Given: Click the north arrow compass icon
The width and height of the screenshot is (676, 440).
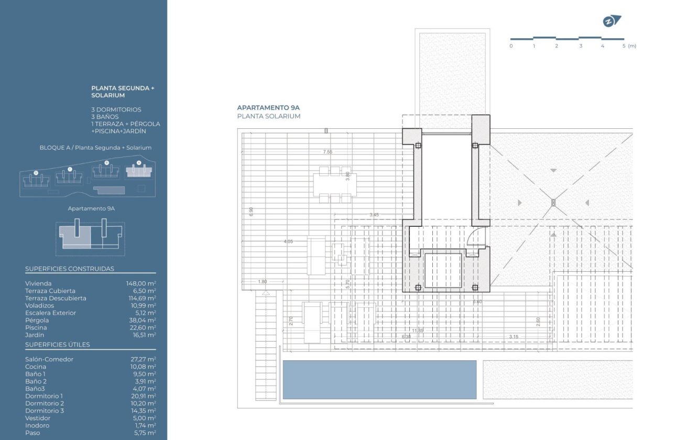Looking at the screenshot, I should (611, 21).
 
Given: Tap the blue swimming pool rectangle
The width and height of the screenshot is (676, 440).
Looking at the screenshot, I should (379, 380).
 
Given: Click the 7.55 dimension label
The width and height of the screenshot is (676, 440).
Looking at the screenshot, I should (328, 152).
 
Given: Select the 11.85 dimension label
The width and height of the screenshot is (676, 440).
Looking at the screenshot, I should (418, 331).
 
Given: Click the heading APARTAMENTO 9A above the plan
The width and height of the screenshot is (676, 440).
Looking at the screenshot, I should (268, 107).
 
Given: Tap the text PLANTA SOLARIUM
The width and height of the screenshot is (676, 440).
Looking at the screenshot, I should (269, 116).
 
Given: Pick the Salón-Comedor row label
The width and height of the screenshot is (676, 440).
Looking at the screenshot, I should (49, 359).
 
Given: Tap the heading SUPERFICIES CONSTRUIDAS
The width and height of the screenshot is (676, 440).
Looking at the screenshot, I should (70, 269).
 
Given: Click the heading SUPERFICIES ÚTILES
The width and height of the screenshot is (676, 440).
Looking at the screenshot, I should (58, 345).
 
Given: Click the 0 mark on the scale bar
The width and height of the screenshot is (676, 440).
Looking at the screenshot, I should (511, 46).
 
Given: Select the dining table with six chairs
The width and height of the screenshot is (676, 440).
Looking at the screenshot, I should (334, 184).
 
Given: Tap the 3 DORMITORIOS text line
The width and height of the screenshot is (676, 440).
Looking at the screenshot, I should (116, 109).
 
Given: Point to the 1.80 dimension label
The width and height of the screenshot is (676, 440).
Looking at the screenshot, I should (263, 282).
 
